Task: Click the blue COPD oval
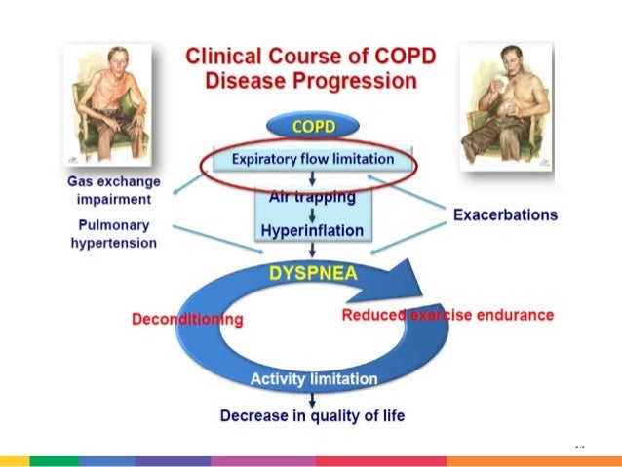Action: point(312,127)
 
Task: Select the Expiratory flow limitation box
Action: point(313,158)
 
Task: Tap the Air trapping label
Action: point(312,196)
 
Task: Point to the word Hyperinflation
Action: point(312,231)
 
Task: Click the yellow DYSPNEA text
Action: point(311,274)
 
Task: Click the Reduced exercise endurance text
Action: point(447,315)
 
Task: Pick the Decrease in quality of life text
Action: point(312,415)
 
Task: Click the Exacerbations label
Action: point(505,214)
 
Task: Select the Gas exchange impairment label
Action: point(113,190)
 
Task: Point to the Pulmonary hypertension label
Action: point(113,233)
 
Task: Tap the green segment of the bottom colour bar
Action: point(54,460)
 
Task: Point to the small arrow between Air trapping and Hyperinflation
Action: point(312,214)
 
